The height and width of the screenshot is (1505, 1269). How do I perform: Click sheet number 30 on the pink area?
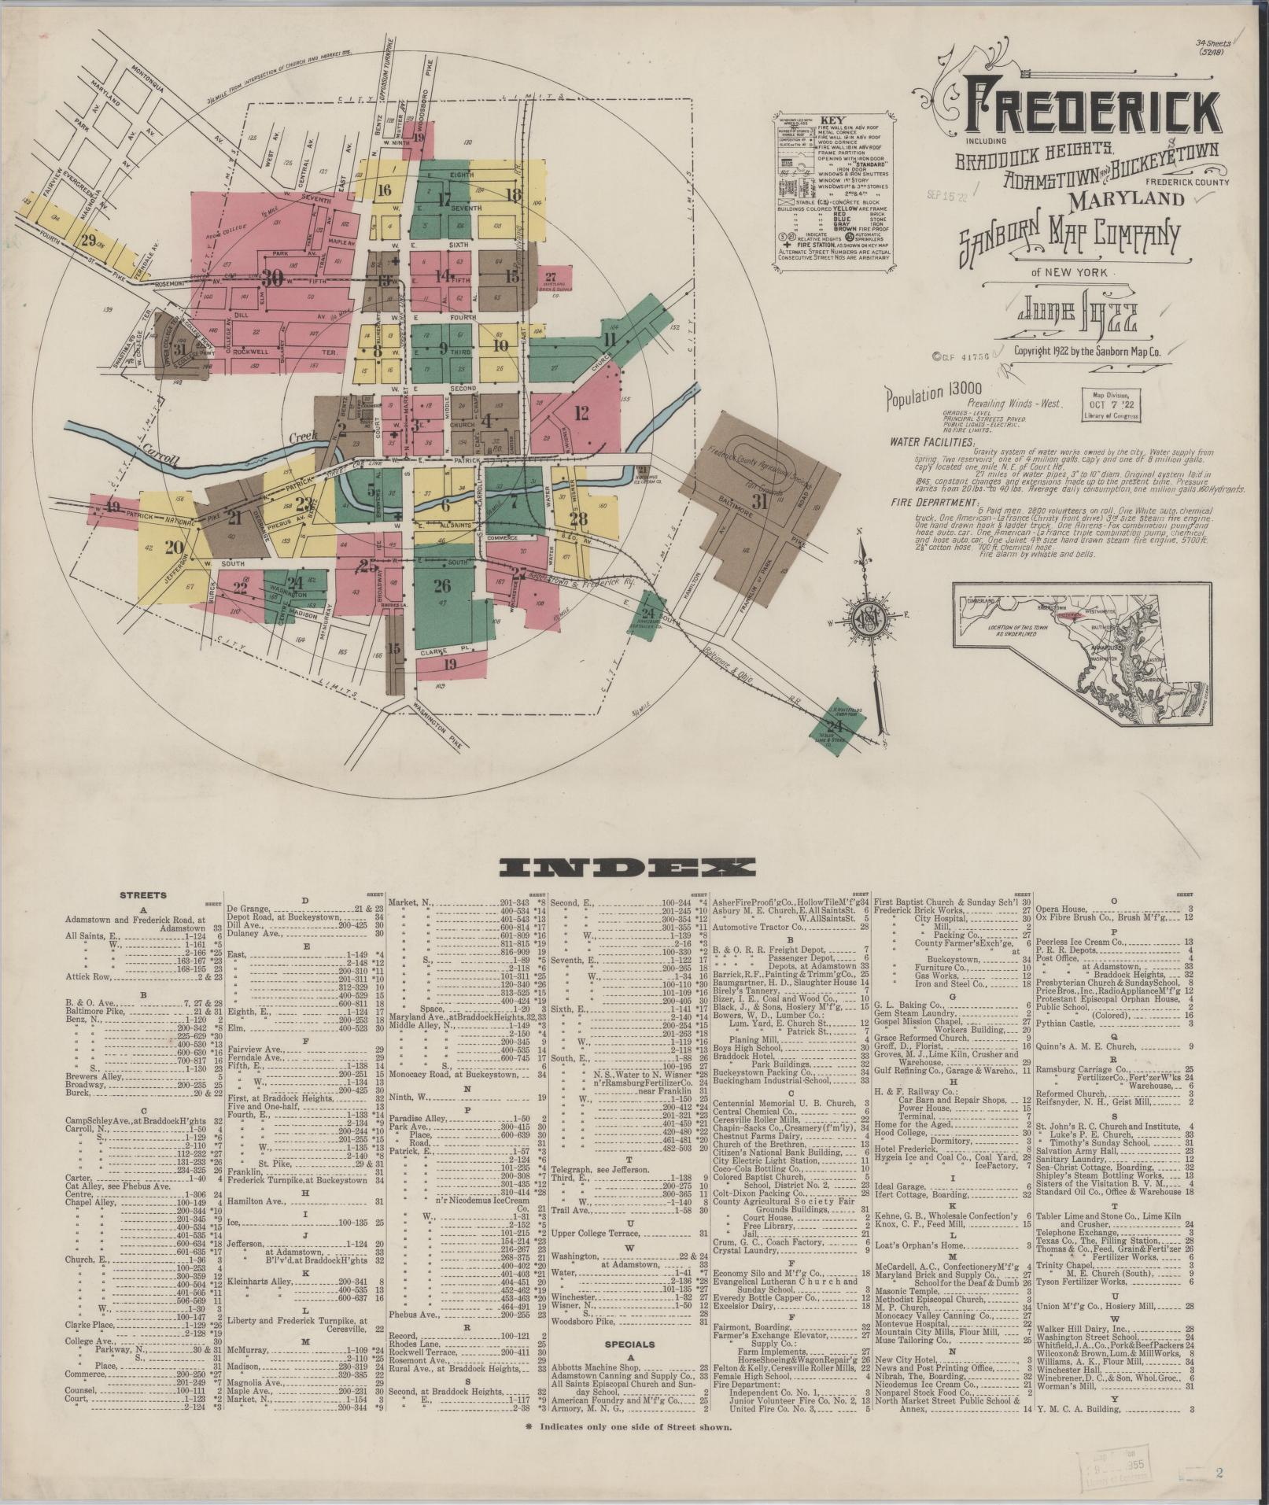(273, 278)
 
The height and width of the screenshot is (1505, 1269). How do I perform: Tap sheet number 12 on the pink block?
(582, 411)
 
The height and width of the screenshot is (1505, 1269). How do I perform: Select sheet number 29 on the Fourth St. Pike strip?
(88, 240)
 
